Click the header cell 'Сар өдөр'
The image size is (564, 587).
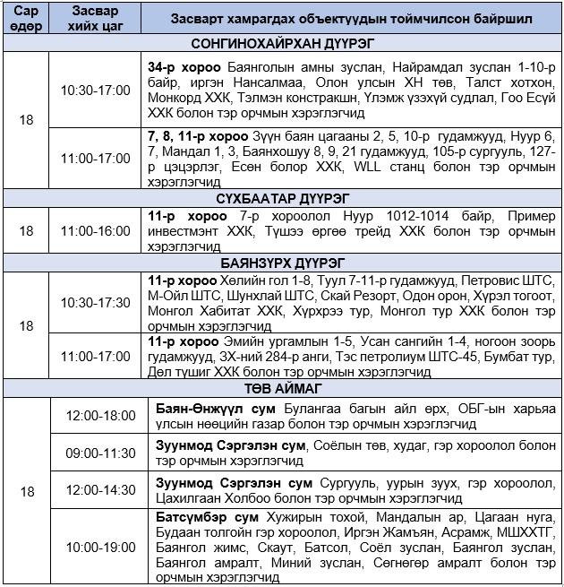click(27, 19)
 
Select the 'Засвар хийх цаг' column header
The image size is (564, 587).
click(95, 19)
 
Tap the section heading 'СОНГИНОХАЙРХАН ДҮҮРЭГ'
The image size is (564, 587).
click(282, 43)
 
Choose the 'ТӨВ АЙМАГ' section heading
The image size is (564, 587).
click(282, 389)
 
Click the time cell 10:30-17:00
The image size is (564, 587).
click(95, 91)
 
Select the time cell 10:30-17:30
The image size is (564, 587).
click(95, 303)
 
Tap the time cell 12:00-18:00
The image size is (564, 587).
click(100, 417)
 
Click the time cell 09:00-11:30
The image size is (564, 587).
click(100, 453)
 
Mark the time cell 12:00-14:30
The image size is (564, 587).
click(100, 491)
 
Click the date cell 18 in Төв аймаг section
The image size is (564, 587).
click(27, 491)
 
